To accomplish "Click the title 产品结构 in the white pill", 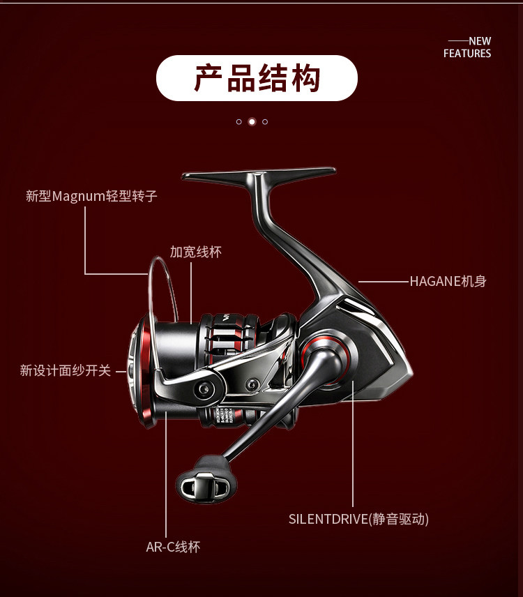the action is click(257, 78).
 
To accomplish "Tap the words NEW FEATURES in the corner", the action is click(468, 47).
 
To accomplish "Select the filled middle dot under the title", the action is click(252, 121).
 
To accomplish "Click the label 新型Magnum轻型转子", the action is click(91, 196).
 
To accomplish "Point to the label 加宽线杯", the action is click(195, 252).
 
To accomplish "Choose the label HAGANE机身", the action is click(448, 282).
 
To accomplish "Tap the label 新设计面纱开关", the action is click(65, 371).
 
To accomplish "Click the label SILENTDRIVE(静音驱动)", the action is click(358, 519).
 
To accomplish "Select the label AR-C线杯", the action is click(173, 547).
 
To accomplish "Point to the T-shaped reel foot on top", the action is click(258, 175).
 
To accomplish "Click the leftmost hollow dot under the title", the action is click(238, 121).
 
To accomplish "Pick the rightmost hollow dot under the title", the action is click(265, 121).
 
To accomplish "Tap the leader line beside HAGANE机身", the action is click(383, 282).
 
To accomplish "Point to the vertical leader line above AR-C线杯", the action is click(166, 474).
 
